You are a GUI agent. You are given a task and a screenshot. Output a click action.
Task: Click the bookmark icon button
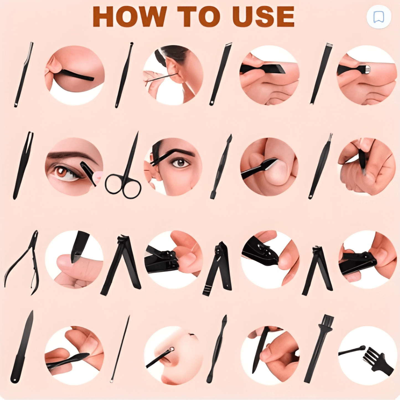(x=379, y=17)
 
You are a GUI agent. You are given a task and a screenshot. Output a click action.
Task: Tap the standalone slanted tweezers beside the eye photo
(x=23, y=166)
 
